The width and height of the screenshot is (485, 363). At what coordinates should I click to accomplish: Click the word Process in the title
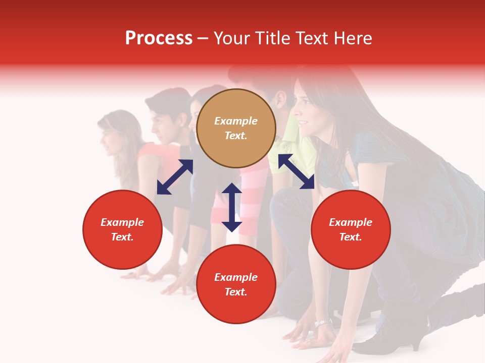159,38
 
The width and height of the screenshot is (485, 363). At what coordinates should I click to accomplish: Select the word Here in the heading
352,38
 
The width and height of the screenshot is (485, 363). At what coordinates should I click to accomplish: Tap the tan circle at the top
236,129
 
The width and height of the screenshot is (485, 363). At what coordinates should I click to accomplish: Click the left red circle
122,230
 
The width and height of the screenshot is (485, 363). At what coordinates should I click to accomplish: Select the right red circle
351,230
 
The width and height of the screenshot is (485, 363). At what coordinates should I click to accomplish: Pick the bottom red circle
236,284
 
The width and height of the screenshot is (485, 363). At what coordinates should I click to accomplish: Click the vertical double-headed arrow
232,207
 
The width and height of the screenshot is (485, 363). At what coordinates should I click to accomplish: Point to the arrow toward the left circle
175,177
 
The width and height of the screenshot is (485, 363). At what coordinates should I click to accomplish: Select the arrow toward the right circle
296,171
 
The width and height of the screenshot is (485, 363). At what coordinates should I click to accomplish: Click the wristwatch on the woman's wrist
323,322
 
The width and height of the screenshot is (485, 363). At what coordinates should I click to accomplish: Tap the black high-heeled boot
399,333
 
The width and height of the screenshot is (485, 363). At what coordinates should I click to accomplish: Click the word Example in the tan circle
236,121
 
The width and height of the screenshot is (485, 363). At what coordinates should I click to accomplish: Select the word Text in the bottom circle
236,292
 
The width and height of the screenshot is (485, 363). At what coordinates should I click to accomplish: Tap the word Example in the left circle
122,222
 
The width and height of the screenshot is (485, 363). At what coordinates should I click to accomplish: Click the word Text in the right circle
351,237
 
